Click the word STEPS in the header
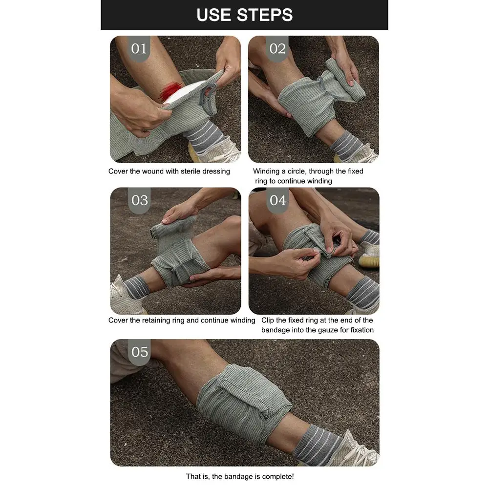coord(264,15)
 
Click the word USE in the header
coord(213,15)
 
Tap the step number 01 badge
coord(139,48)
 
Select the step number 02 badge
coord(277,48)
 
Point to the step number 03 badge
coord(139,200)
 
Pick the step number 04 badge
coord(277,200)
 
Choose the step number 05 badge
coord(139,352)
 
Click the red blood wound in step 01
coord(170,90)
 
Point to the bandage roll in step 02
coord(345,81)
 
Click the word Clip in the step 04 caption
coord(268,320)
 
